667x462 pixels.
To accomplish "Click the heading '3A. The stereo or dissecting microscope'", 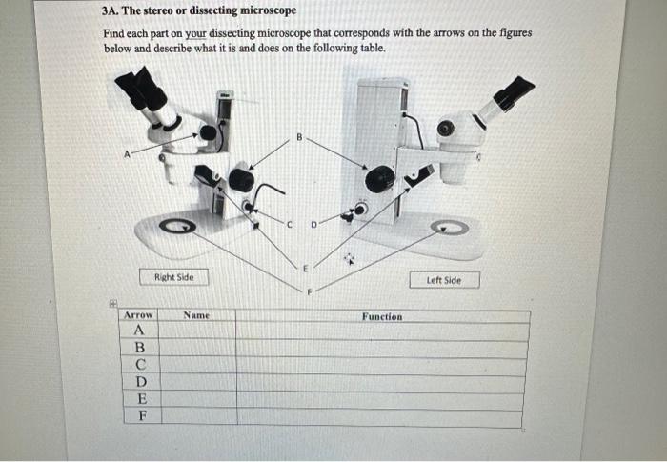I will tap(198, 11).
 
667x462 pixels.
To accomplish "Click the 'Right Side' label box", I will tap(172, 277).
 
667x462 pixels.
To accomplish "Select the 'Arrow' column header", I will tap(138, 314).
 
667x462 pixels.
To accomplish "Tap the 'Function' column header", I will tap(381, 316).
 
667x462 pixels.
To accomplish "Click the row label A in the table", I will tap(138, 331).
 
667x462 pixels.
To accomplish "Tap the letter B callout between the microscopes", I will tap(298, 137).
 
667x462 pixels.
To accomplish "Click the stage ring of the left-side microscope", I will tap(449, 229).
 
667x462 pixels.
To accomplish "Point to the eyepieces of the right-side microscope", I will tap(142, 90).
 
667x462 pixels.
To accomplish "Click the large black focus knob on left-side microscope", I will tap(379, 176).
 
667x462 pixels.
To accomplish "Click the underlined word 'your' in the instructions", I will tap(195, 33).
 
